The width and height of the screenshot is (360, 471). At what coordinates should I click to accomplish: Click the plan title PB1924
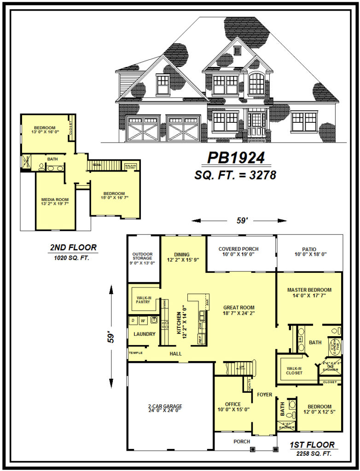pyautogui.click(x=236, y=158)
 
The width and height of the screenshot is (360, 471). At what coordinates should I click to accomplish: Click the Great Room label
pyautogui.click(x=239, y=310)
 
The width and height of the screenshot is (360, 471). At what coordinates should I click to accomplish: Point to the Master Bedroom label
pyautogui.click(x=309, y=293)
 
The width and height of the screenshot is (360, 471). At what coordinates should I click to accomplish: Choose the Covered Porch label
pyautogui.click(x=238, y=252)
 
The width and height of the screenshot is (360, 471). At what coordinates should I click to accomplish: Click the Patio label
pyautogui.click(x=309, y=252)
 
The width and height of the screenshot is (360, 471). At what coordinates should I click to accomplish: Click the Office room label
pyautogui.click(x=233, y=407)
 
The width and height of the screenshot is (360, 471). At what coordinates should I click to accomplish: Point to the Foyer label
pyautogui.click(x=265, y=395)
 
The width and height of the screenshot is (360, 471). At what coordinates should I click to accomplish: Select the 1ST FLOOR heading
pyautogui.click(x=312, y=445)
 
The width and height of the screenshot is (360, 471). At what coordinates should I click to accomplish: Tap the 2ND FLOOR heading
pyautogui.click(x=73, y=247)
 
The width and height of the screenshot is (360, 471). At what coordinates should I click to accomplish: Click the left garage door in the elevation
pyautogui.click(x=143, y=128)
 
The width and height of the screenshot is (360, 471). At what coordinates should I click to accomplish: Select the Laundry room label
pyautogui.click(x=144, y=334)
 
